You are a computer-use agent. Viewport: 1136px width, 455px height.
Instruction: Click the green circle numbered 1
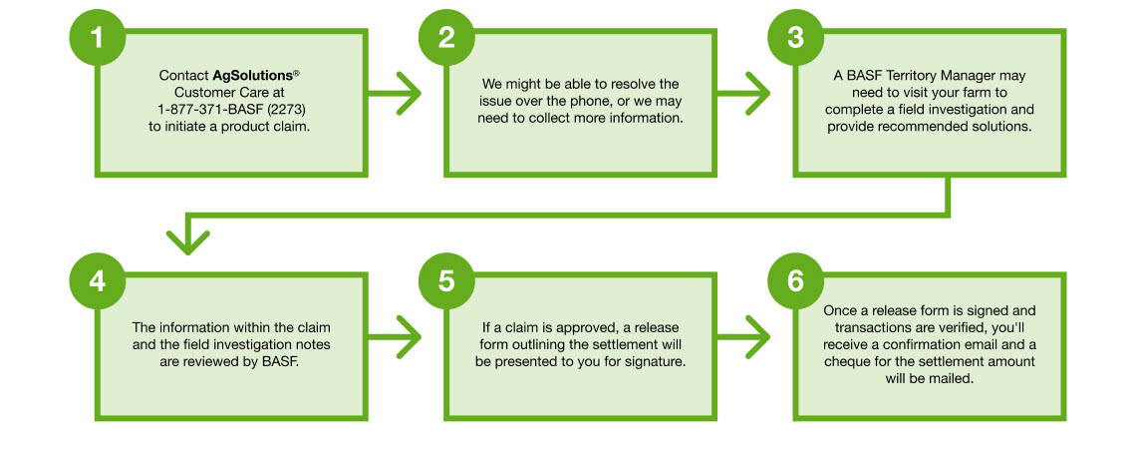coord(97,39)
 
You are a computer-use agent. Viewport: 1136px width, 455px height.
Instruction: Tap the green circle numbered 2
coord(445,39)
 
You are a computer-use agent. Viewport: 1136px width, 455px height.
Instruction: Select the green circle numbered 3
coord(794,39)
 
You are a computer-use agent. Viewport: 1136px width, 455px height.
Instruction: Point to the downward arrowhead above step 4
coord(188,239)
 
